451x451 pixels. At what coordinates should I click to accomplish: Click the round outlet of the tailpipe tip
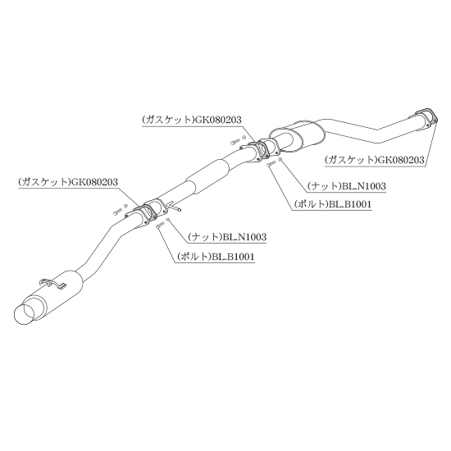tap(25, 314)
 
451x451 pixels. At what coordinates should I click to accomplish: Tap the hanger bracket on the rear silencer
tap(54, 283)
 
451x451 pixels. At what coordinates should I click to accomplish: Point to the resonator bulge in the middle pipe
tap(208, 175)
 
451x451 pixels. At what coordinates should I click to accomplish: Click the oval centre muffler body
tap(296, 134)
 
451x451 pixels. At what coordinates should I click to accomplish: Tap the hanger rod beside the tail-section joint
tap(175, 206)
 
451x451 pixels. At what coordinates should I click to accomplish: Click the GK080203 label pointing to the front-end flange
tap(375, 160)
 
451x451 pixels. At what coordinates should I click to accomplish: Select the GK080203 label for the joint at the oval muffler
tap(192, 120)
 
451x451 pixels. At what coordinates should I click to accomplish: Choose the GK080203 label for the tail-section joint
tap(68, 182)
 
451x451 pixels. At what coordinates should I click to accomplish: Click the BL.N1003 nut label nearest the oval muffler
tap(347, 186)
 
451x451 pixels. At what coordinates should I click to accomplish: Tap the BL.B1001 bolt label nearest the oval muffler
tap(333, 204)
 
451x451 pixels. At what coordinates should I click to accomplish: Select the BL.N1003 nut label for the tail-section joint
tap(227, 237)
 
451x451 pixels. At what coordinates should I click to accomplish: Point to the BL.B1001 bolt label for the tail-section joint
tap(216, 257)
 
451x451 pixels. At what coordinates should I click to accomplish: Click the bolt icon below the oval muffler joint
tap(271, 163)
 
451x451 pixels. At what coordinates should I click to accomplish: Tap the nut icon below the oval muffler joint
tap(281, 160)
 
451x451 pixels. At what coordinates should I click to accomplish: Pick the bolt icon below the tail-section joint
tap(160, 225)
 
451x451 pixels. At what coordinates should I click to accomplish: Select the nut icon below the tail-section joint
tap(168, 220)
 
